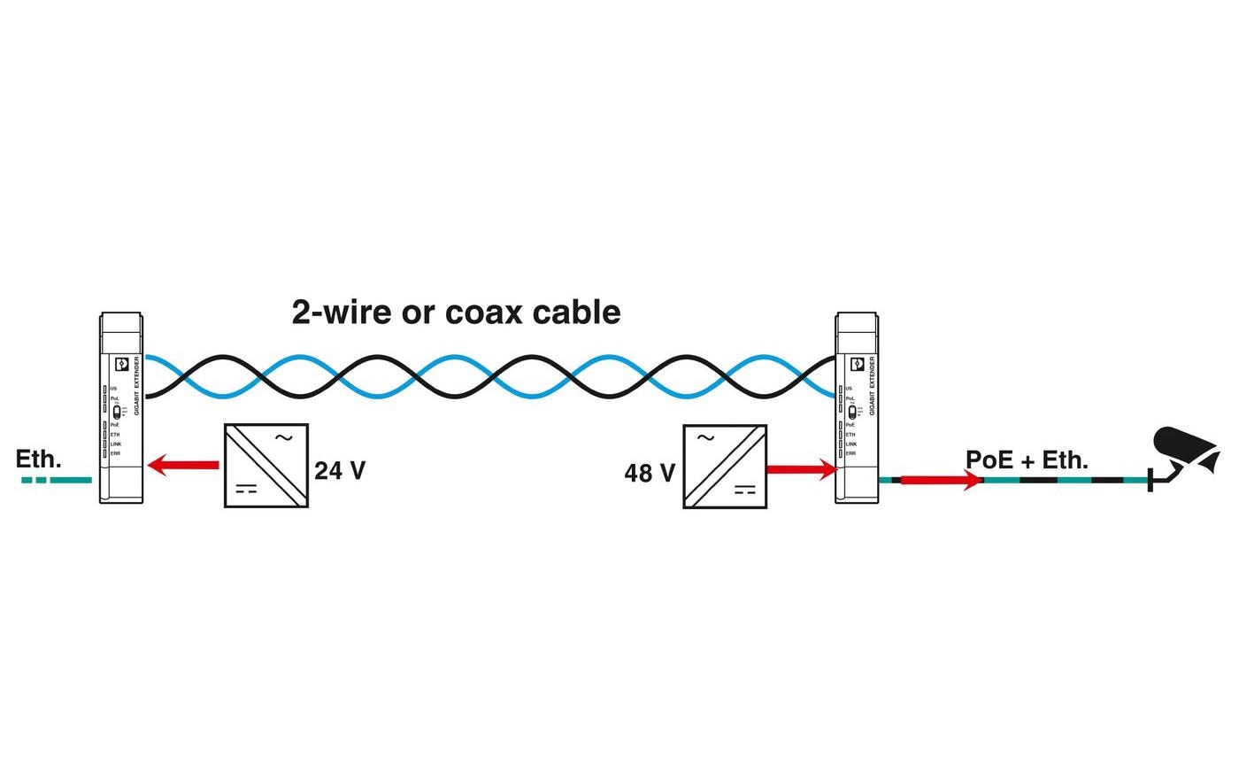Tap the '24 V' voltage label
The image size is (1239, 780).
pyautogui.click(x=340, y=470)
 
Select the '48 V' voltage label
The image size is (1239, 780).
pyautogui.click(x=650, y=474)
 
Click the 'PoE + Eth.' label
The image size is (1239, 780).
pyautogui.click(x=1027, y=460)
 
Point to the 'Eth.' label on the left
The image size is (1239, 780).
pyautogui.click(x=38, y=460)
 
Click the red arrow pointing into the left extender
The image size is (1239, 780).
pyautogui.click(x=183, y=465)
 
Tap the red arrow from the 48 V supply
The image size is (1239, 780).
pyautogui.click(x=801, y=469)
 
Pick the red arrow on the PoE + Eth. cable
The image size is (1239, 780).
pyautogui.click(x=941, y=480)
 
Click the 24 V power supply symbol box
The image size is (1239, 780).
pyautogui.click(x=265, y=466)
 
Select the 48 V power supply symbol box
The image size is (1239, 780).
pyautogui.click(x=724, y=467)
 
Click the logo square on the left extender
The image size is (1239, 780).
pyautogui.click(x=122, y=364)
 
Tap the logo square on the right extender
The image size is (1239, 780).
pyautogui.click(x=857, y=364)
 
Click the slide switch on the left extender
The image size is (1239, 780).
pyautogui.click(x=116, y=411)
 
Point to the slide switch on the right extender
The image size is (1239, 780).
pyautogui.click(x=851, y=412)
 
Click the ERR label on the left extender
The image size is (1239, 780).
pyautogui.click(x=115, y=453)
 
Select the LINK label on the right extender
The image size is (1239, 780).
pyautogui.click(x=850, y=444)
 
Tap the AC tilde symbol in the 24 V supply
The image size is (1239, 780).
pyautogui.click(x=284, y=436)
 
